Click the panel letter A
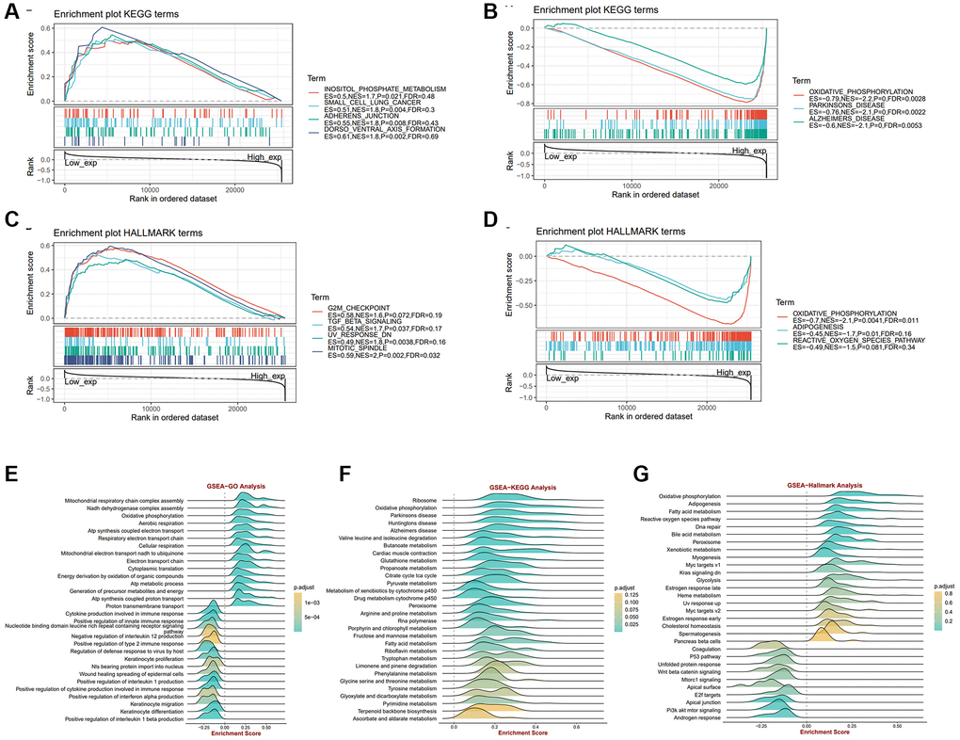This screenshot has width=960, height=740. point(12,12)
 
